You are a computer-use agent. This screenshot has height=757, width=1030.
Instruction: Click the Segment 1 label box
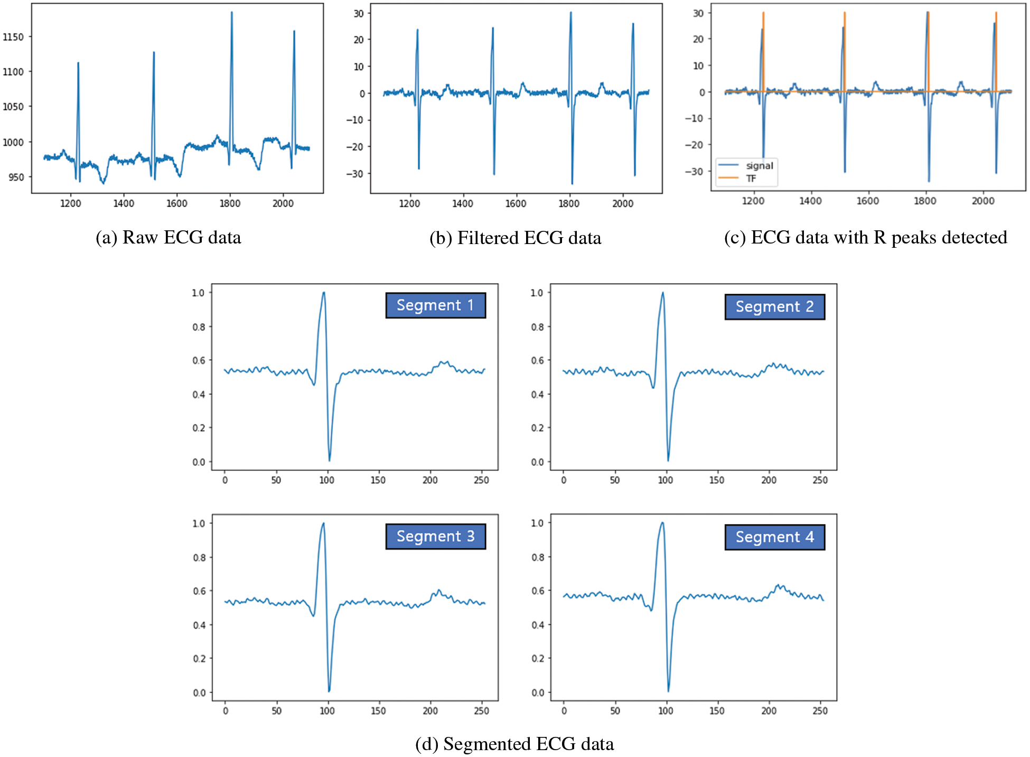pyautogui.click(x=435, y=305)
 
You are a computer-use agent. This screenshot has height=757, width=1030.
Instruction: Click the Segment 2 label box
pyautogui.click(x=774, y=307)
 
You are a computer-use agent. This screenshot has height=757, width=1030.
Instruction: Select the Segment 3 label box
pyautogui.click(x=435, y=537)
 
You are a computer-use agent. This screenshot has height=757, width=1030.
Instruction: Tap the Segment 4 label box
pyautogui.click(x=774, y=537)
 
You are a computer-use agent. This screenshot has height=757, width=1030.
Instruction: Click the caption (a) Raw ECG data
pyautogui.click(x=168, y=238)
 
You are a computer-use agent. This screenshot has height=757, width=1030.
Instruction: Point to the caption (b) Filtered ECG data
pyautogui.click(x=515, y=238)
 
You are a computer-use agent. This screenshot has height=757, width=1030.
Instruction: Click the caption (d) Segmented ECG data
pyautogui.click(x=514, y=744)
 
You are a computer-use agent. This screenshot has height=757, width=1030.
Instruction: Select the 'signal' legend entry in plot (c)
pyautogui.click(x=759, y=166)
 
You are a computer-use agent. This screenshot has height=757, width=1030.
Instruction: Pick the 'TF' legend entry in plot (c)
pyautogui.click(x=751, y=179)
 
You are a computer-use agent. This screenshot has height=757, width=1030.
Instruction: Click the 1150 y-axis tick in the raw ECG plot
pyautogui.click(x=13, y=37)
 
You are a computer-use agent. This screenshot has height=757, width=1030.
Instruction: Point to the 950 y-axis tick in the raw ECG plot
pyautogui.click(x=16, y=177)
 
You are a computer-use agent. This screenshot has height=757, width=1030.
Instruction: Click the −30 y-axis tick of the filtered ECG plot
pyautogui.click(x=354, y=174)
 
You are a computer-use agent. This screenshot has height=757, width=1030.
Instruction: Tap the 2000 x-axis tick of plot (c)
pyautogui.click(x=982, y=201)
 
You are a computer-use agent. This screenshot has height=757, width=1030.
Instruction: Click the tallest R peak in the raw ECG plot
pyautogui.click(x=231, y=13)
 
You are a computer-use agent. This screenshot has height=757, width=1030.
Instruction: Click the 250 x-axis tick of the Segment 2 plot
pyautogui.click(x=820, y=480)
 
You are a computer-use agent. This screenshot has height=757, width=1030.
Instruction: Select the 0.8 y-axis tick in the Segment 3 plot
pyautogui.click(x=199, y=557)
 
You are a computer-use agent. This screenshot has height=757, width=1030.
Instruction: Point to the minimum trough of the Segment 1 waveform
pyautogui.click(x=329, y=460)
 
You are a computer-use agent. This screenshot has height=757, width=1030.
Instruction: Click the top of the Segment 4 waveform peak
pyautogui.click(x=662, y=523)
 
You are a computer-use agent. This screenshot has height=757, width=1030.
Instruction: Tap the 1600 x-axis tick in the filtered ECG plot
pyautogui.click(x=516, y=203)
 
